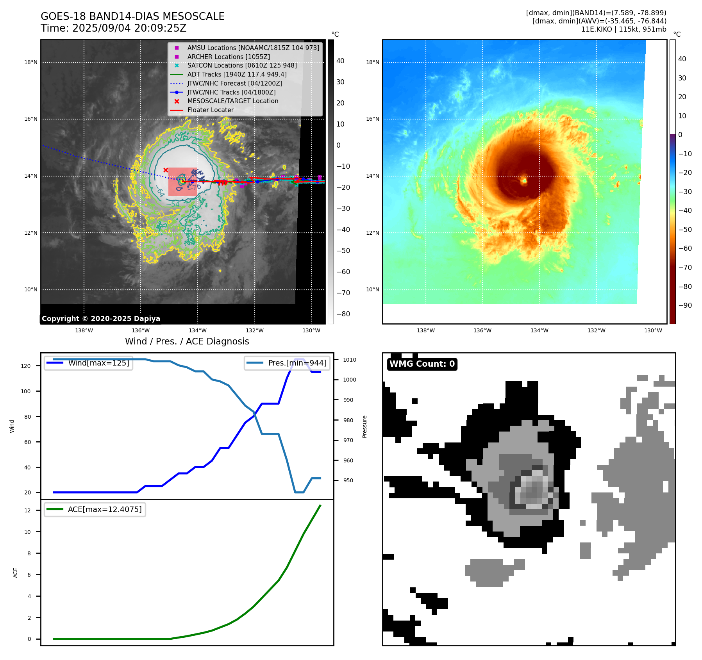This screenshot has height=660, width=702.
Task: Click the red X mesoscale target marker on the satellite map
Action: pyautogui.click(x=166, y=170)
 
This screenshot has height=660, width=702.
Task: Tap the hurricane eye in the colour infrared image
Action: pyautogui.click(x=524, y=180)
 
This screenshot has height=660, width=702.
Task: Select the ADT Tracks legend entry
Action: pyautogui.click(x=237, y=74)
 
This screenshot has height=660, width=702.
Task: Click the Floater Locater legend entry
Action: pyautogui.click(x=210, y=110)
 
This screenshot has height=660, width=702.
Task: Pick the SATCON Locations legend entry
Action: pyautogui.click(x=242, y=65)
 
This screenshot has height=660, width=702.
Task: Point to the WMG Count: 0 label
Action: pyautogui.click(x=422, y=364)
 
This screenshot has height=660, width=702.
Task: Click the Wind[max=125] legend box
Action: pyautogui.click(x=89, y=363)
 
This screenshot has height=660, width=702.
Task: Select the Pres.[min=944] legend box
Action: pyautogui.click(x=288, y=363)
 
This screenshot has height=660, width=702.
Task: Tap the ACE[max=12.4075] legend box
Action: pyautogui.click(x=95, y=509)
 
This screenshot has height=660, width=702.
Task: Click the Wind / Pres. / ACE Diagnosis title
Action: pyautogui.click(x=187, y=341)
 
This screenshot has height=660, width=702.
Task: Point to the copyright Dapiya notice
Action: pyautogui.click(x=101, y=319)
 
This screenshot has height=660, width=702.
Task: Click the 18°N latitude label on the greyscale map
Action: pyautogui.click(x=31, y=62)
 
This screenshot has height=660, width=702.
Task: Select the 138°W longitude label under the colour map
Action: pyautogui.click(x=425, y=330)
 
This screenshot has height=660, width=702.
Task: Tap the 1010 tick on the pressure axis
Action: pyautogui.click(x=350, y=360)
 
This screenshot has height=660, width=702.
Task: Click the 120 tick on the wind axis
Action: pyautogui.click(x=26, y=366)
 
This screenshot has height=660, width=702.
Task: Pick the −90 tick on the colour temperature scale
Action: pyautogui.click(x=685, y=305)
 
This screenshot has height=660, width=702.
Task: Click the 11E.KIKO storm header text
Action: pyautogui.click(x=623, y=29)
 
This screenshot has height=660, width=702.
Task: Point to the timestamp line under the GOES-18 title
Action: pyautogui.click(x=114, y=29)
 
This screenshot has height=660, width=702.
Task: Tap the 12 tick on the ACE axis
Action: pyautogui.click(x=27, y=510)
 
